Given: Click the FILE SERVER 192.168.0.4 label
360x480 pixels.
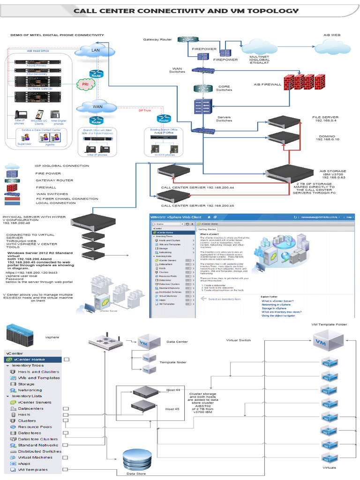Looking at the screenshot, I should coord(325,119).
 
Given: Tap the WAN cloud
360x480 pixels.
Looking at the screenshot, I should coord(97,107).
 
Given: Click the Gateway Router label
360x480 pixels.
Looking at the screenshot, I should coord(157,39).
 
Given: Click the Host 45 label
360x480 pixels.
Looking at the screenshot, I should coord(172,409).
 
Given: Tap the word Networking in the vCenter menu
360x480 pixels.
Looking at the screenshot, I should coord(30,390).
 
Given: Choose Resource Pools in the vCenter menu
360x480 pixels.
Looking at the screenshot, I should coord(35,427).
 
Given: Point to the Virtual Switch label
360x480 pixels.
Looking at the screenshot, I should coord(238,340).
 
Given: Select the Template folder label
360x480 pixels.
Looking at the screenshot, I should coord(173,362).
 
